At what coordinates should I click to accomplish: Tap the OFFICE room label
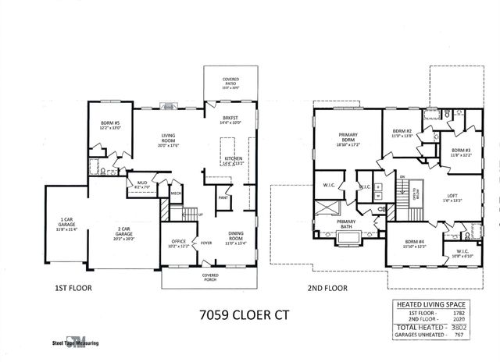178,244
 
